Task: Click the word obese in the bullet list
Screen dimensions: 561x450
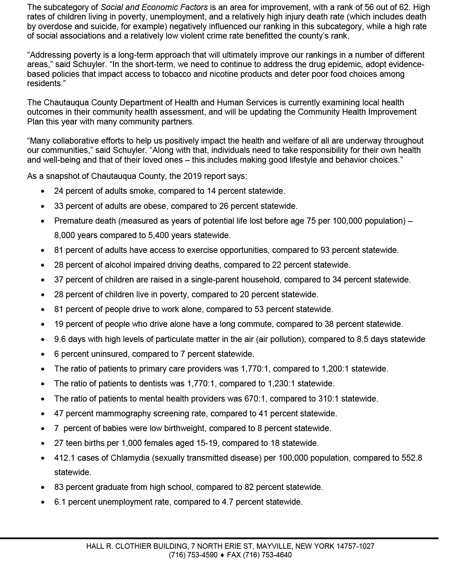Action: coord(157,206)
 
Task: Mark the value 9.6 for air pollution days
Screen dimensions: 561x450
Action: coord(60,339)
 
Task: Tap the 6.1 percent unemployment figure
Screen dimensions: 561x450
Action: coord(60,502)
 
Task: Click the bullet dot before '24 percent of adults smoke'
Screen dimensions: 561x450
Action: coord(43,191)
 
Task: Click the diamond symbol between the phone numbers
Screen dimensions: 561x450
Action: coord(222,555)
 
